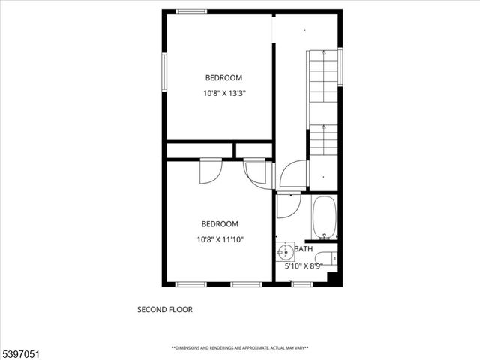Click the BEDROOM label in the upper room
(x=224, y=77)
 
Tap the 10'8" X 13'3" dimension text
(x=224, y=94)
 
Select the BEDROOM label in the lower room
(x=220, y=223)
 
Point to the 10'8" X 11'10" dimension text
(x=220, y=240)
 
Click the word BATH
(x=304, y=249)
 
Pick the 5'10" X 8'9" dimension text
(x=304, y=265)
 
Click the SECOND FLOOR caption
(x=164, y=309)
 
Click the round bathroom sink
(x=285, y=251)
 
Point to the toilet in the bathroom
(x=327, y=259)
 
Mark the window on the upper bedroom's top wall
(x=191, y=11)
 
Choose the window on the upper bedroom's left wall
(x=164, y=72)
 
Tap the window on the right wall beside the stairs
(x=340, y=67)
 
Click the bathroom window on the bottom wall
(x=302, y=284)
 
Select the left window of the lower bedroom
(x=191, y=284)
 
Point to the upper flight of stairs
(x=324, y=76)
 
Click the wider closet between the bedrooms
(x=199, y=151)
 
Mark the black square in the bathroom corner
(x=335, y=278)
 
